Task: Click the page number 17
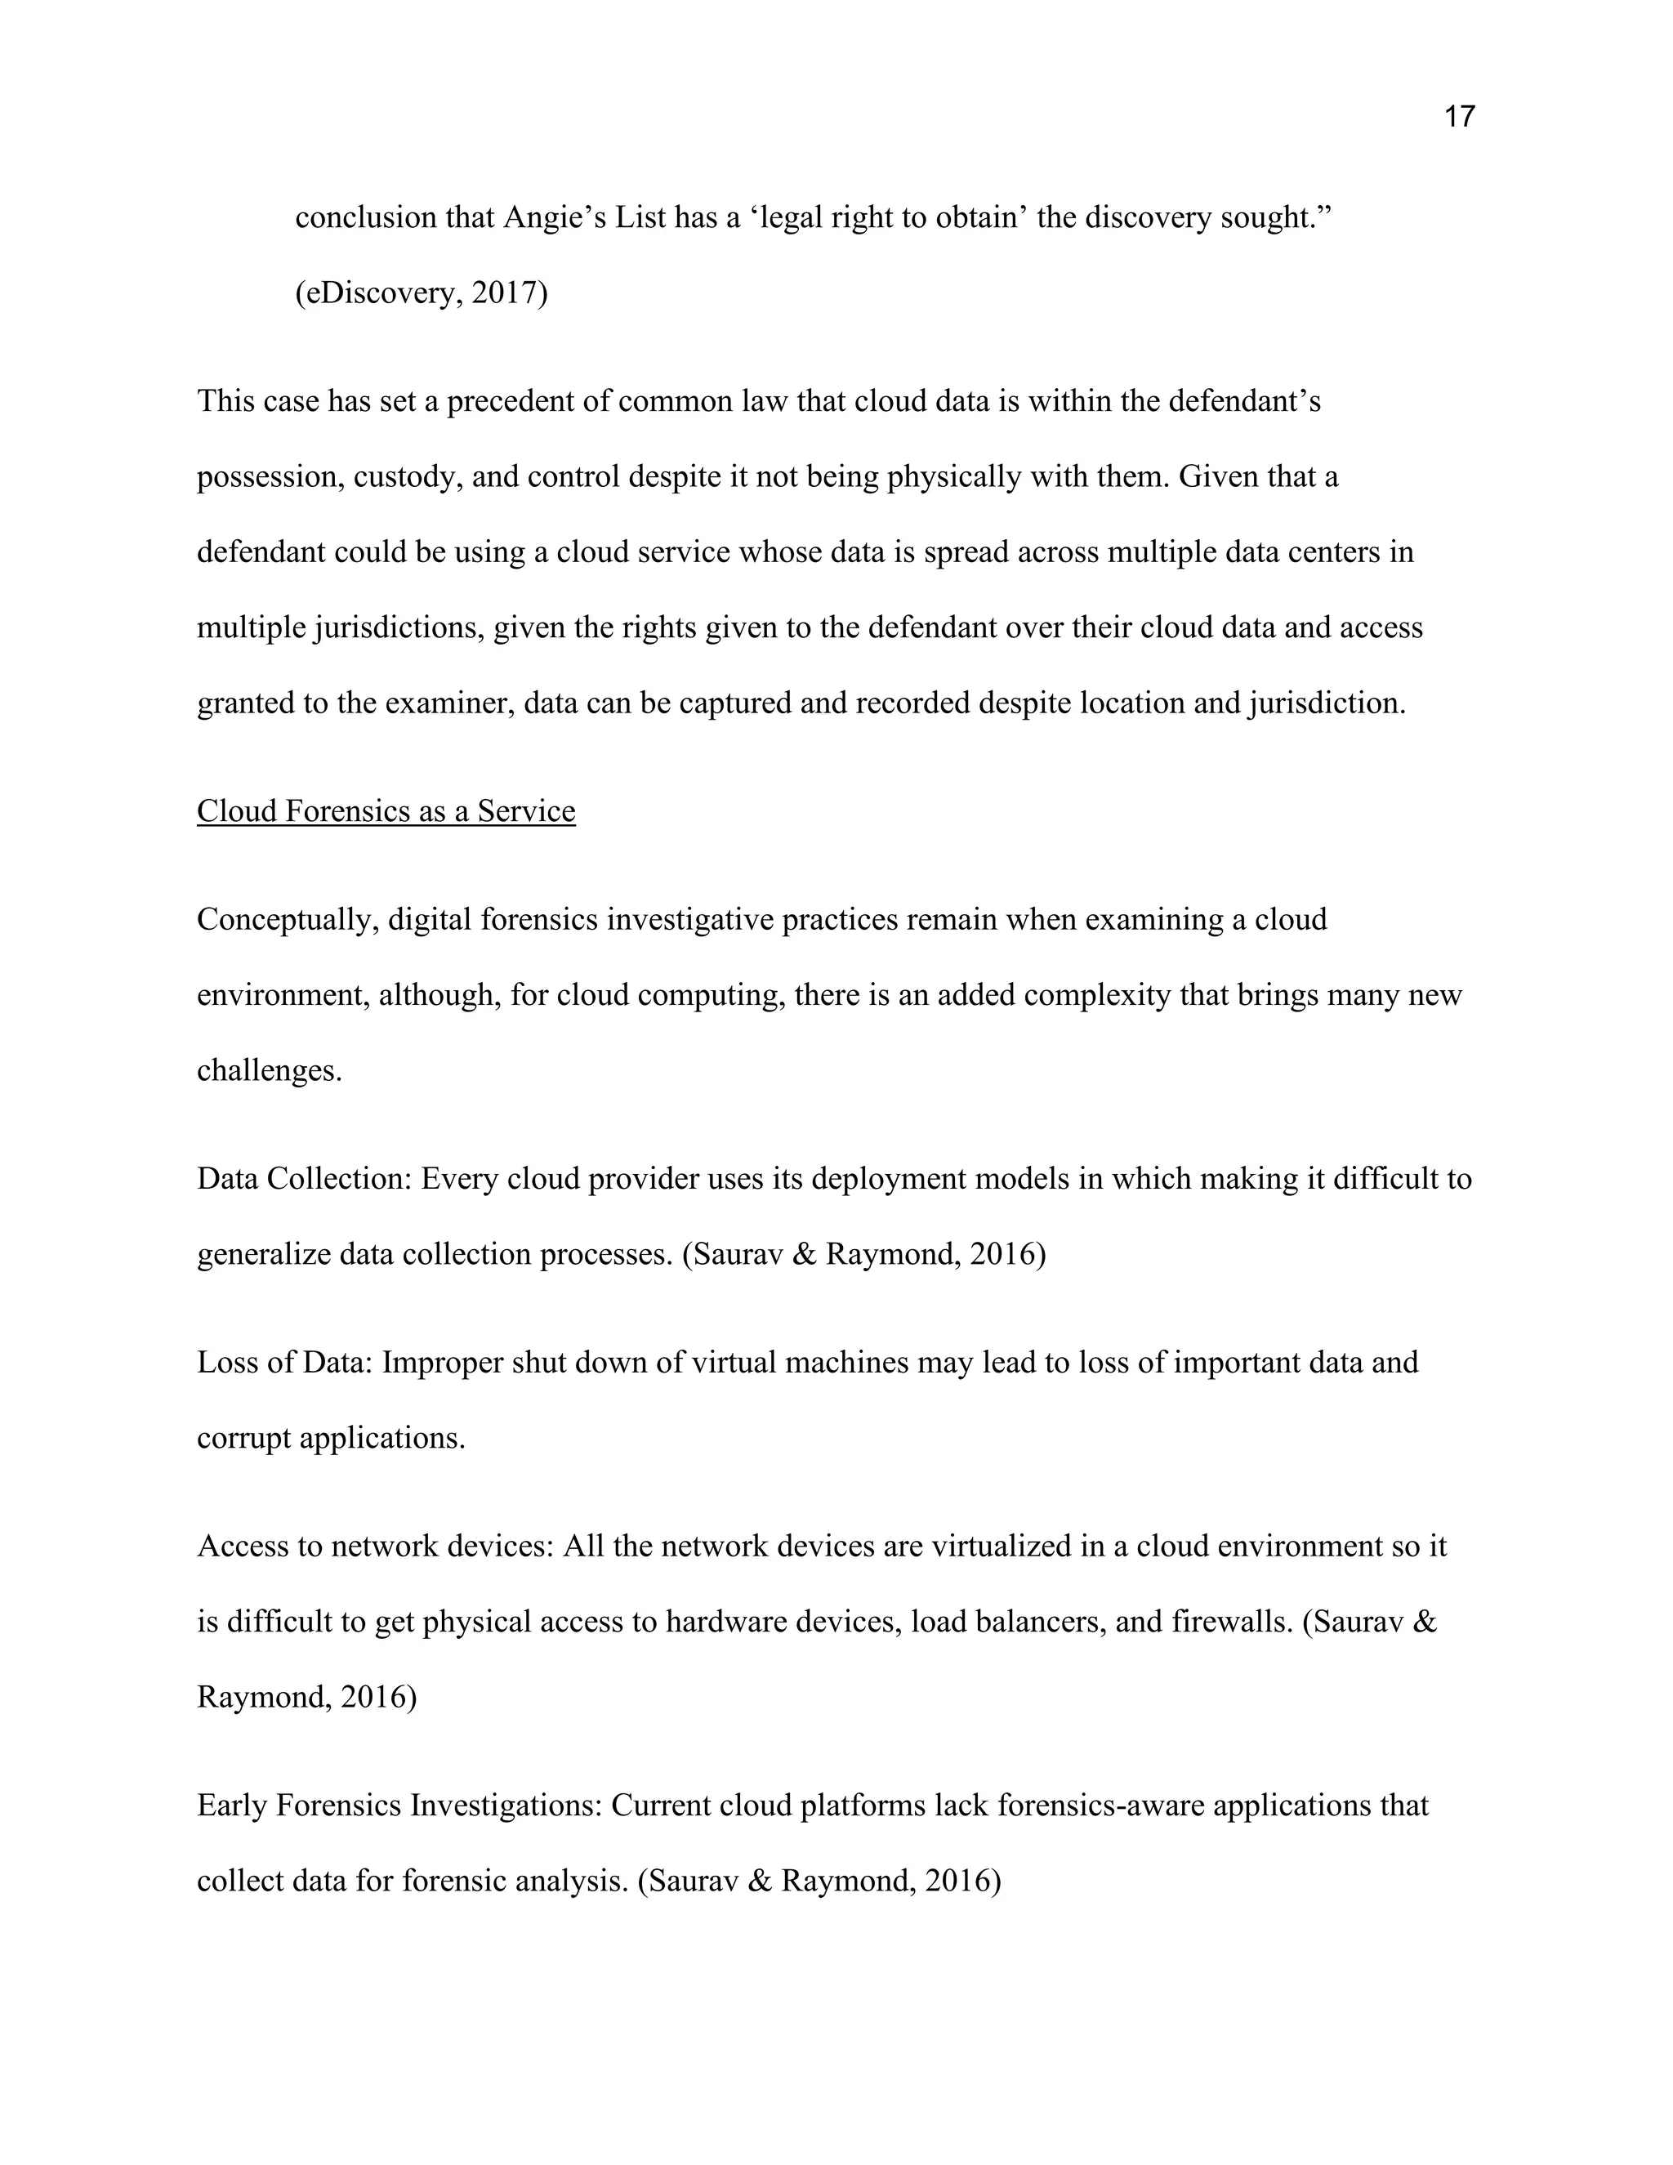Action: (x=1459, y=117)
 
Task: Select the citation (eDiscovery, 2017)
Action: (x=422, y=292)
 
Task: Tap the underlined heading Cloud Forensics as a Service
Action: (x=386, y=811)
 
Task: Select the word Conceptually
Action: (x=287, y=919)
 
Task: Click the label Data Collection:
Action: (x=304, y=1179)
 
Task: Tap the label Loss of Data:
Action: (x=284, y=1362)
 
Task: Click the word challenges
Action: (x=269, y=1070)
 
